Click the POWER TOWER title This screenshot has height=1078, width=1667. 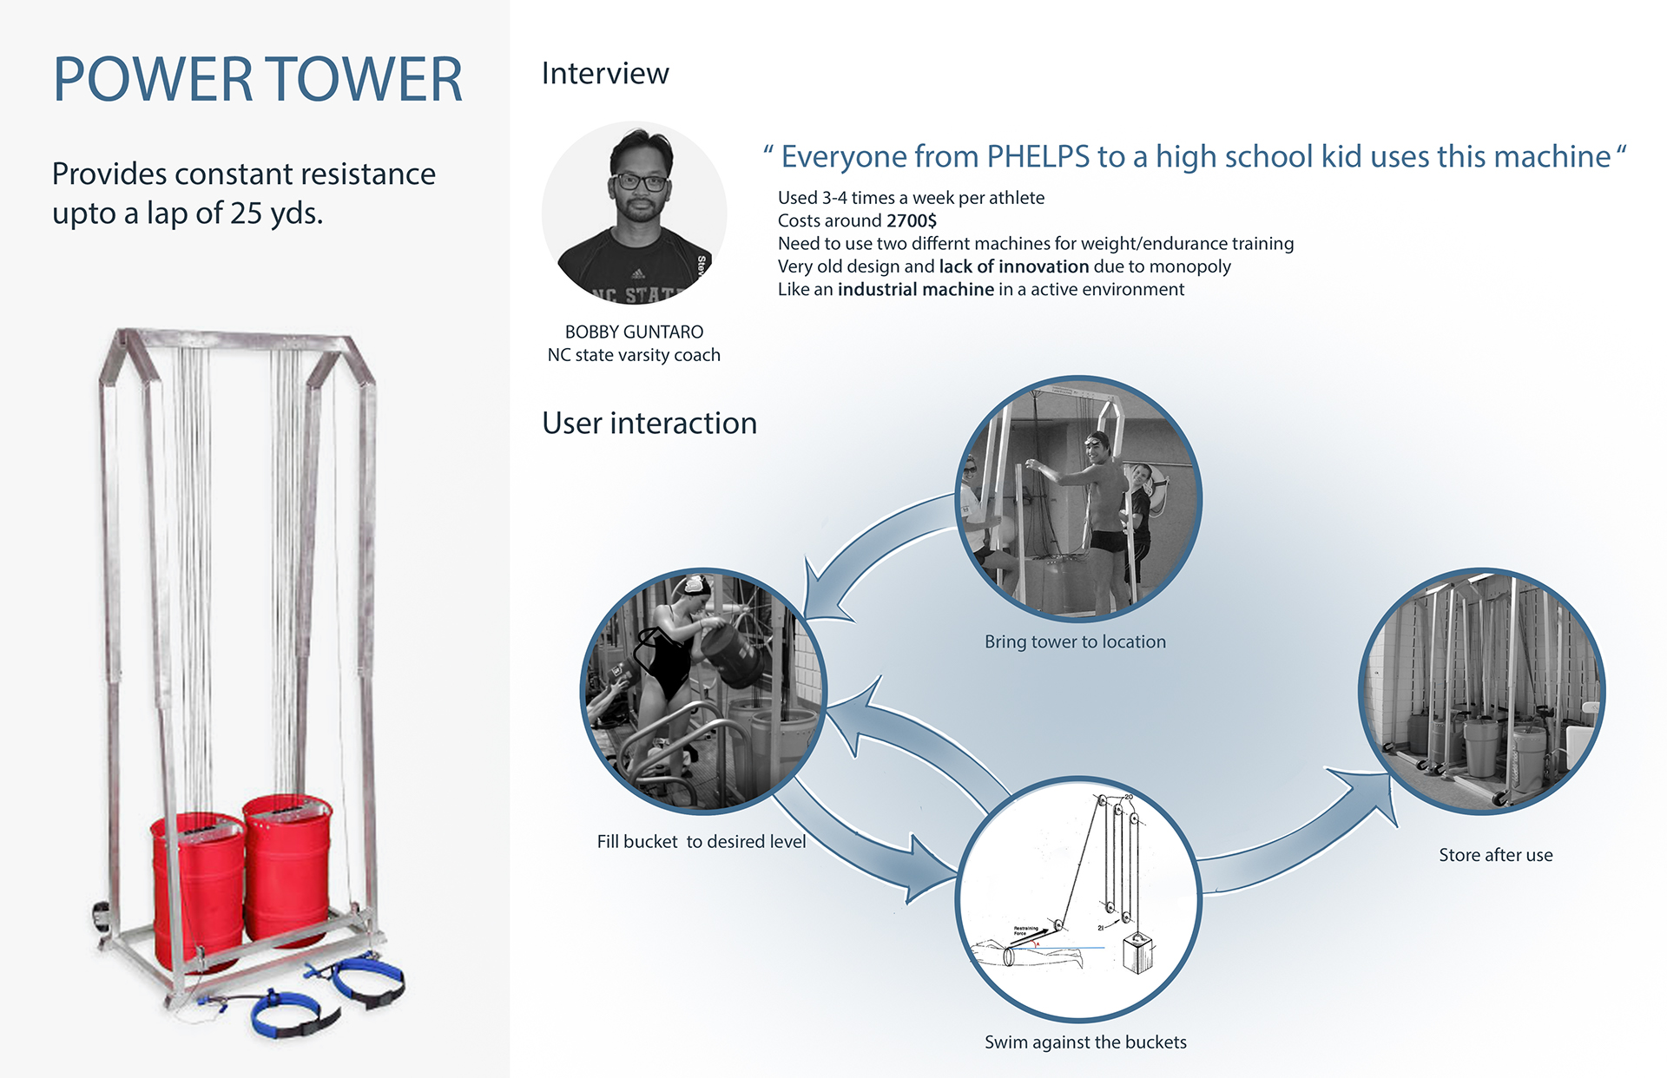(258, 80)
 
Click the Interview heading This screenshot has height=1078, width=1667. (605, 74)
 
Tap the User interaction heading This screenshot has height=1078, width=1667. (649, 424)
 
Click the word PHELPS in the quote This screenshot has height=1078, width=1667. (1038, 157)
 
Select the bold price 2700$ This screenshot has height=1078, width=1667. (912, 221)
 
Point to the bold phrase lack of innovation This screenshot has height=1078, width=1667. (1013, 266)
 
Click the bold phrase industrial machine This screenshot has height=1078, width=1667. (915, 290)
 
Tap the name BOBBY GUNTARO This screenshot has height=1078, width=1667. (634, 332)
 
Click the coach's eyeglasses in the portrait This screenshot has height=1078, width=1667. (640, 182)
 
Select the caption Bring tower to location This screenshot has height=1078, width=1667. (1075, 642)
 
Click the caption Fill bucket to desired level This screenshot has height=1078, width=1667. (701, 842)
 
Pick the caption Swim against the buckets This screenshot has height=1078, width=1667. (1085, 1042)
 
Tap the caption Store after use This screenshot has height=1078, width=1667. (1495, 855)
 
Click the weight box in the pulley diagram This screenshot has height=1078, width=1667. (1137, 952)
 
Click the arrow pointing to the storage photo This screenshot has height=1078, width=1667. (1302, 833)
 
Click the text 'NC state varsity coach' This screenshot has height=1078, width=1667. (634, 355)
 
